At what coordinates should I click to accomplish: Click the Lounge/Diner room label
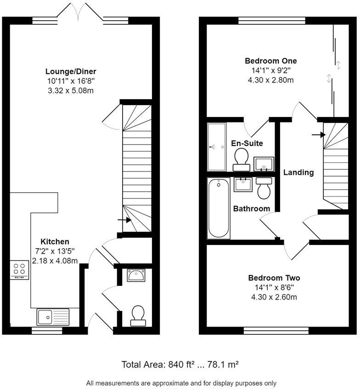pyautogui.click(x=71, y=71)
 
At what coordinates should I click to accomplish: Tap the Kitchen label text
pyautogui.click(x=55, y=242)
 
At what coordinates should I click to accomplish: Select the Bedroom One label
pyautogui.click(x=270, y=61)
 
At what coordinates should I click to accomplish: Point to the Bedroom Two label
pyautogui.click(x=274, y=278)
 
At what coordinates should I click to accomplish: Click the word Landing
pyautogui.click(x=298, y=172)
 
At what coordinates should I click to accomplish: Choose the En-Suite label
pyautogui.click(x=247, y=143)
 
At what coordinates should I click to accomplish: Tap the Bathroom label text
pyautogui.click(x=252, y=209)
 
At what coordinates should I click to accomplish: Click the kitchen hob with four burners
pyautogui.click(x=19, y=270)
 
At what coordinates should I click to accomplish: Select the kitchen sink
pyautogui.click(x=53, y=317)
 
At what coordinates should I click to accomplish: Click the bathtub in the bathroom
pyautogui.click(x=219, y=208)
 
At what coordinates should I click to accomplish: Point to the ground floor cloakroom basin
pyautogui.click(x=136, y=276)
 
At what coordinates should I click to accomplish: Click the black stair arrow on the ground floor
pyautogui.click(x=124, y=220)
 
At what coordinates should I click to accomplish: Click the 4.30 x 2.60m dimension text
pyautogui.click(x=274, y=297)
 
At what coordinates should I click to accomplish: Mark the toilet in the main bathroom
pyautogui.click(x=264, y=189)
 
